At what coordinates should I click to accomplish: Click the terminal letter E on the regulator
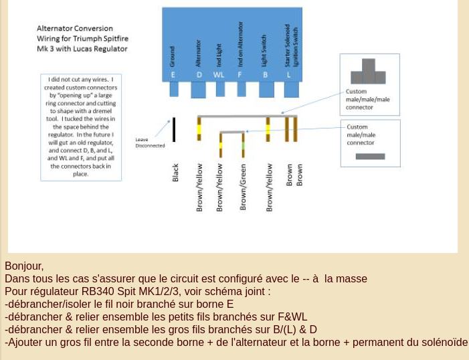coord(173,75)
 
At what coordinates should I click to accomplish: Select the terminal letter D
coord(199,75)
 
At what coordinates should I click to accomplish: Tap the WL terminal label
coord(219,75)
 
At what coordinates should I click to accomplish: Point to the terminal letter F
coord(240,75)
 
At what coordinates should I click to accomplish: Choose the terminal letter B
coord(266,75)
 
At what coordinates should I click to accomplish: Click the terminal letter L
coord(289,75)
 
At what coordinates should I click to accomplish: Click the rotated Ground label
coord(173,56)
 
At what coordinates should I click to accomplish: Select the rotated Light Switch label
coord(265,50)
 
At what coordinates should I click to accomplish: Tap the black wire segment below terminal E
coord(174,129)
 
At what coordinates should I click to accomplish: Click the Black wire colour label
coord(175,173)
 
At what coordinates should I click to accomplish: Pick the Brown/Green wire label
coord(243,187)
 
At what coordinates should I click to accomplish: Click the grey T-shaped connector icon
coord(368,72)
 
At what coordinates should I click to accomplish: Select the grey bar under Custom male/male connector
coord(370,157)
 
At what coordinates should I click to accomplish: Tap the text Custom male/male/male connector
coord(367,99)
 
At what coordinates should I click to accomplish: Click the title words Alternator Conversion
coord(74,29)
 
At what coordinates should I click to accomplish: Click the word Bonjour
coord(23,266)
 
